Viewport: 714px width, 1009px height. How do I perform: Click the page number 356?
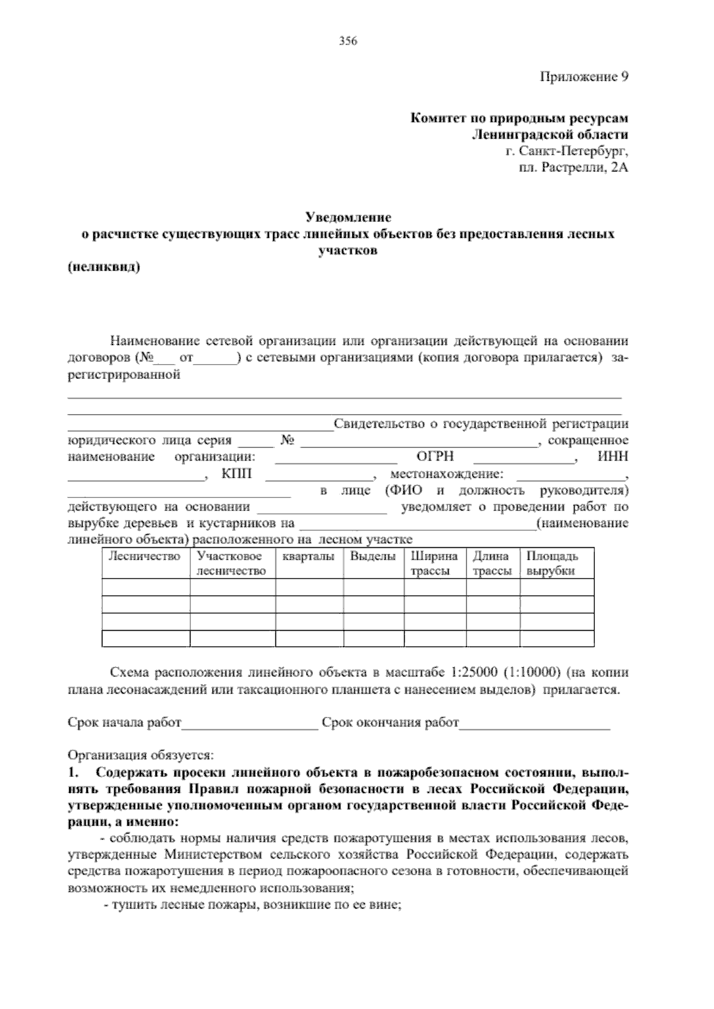click(347, 41)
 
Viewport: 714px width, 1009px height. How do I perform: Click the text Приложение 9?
click(584, 77)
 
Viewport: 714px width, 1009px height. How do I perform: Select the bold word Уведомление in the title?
click(348, 217)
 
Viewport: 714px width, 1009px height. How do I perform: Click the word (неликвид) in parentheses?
click(104, 267)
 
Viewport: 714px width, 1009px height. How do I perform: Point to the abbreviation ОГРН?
click(436, 457)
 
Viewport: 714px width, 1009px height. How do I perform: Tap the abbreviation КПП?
click(237, 474)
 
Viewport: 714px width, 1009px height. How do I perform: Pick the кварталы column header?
click(308, 557)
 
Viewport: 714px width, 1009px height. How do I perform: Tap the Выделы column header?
click(372, 557)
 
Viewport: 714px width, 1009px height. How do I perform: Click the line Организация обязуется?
click(141, 756)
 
